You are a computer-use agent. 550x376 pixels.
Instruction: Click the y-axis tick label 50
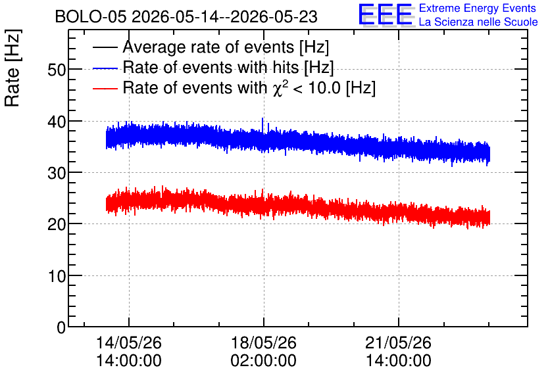tap(57, 70)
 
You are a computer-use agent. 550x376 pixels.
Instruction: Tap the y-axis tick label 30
tap(57, 173)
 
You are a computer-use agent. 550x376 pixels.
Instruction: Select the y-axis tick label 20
tap(57, 225)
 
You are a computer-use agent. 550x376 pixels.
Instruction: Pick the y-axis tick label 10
tap(57, 276)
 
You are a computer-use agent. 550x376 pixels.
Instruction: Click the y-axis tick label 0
tap(61, 327)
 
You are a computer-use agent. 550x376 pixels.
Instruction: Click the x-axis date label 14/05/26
tap(129, 342)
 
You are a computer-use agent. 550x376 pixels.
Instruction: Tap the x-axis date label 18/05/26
tap(263, 342)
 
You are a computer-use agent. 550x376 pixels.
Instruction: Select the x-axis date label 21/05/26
tap(399, 342)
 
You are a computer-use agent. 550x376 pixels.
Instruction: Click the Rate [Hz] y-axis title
tap(12, 68)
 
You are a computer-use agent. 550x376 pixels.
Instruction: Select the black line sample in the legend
tap(105, 47)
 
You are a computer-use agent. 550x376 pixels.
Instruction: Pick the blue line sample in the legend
tap(105, 68)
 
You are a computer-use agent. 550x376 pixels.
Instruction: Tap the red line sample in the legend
tap(105, 89)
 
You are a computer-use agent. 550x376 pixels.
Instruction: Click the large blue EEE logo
tap(386, 15)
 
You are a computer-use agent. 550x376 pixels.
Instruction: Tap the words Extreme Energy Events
tap(478, 8)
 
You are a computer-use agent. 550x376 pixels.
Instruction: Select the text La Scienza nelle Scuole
tap(478, 22)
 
